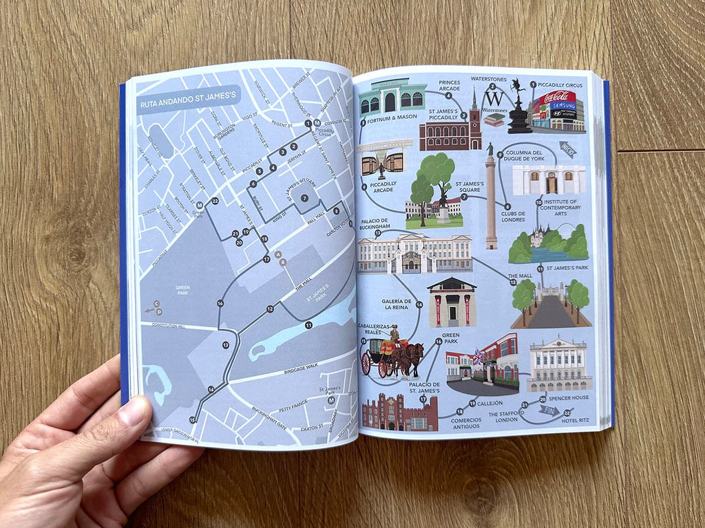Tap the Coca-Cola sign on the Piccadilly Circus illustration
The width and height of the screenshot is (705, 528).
pyautogui.click(x=559, y=98)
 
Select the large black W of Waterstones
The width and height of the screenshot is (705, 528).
pyautogui.click(x=494, y=98)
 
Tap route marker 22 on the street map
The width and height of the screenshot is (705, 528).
pyautogui.click(x=215, y=201)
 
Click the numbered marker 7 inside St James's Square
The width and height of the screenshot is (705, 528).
pyautogui.click(x=304, y=198)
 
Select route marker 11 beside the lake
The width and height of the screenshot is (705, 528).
pyautogui.click(x=308, y=324)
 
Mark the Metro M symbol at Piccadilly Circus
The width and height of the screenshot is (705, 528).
pyautogui.click(x=317, y=123)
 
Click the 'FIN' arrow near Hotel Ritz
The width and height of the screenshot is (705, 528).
pyautogui.click(x=549, y=411)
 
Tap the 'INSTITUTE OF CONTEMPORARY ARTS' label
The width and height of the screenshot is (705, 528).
pyautogui.click(x=559, y=207)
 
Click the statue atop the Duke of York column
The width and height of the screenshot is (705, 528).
pyautogui.click(x=490, y=149)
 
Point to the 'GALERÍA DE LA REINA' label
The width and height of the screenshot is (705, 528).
pyautogui.click(x=397, y=305)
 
